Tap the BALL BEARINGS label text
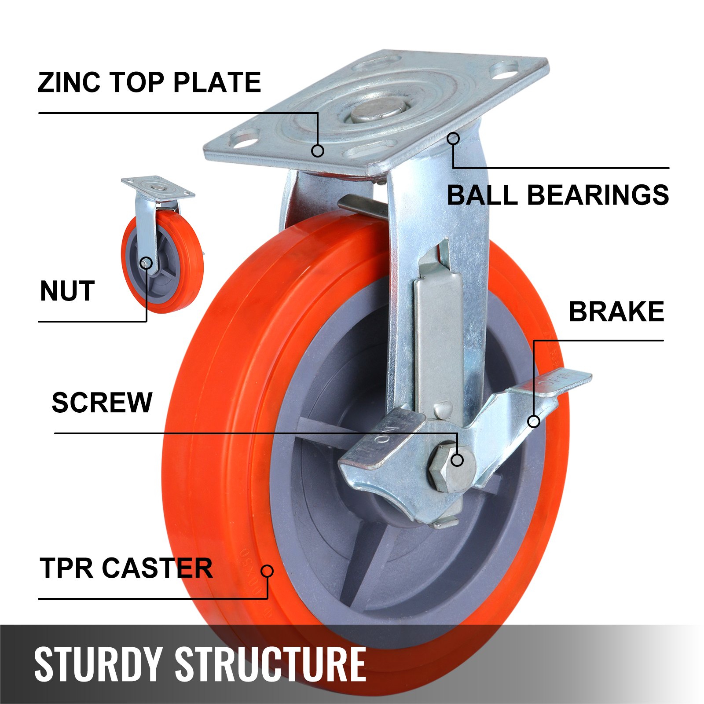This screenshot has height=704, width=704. pyautogui.click(x=558, y=195)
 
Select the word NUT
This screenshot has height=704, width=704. pyautogui.click(x=67, y=291)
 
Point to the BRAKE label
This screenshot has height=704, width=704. pyautogui.click(x=616, y=312)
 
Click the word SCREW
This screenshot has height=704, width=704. pyautogui.click(x=102, y=402)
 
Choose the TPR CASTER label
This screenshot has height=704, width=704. pyautogui.click(x=126, y=568)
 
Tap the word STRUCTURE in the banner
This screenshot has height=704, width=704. pyautogui.click(x=270, y=664)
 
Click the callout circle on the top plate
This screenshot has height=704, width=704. pyautogui.click(x=318, y=151)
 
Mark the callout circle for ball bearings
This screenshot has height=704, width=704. pyautogui.click(x=453, y=139)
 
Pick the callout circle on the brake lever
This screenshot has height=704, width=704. pyautogui.click(x=534, y=422)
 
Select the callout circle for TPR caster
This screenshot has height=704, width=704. pyautogui.click(x=267, y=571)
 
